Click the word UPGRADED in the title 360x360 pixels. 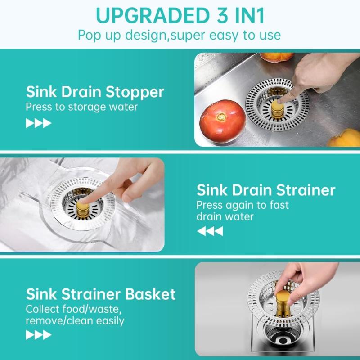point(152,16)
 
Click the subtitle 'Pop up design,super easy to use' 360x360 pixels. point(179,36)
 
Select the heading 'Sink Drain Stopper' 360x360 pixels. point(95,92)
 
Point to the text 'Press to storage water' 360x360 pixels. point(81,107)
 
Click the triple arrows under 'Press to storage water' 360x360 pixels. point(39,123)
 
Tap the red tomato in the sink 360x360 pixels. point(222,121)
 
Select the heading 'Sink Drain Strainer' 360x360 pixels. point(266,190)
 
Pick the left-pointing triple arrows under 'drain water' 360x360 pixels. point(210,231)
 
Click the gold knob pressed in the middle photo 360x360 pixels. point(83,209)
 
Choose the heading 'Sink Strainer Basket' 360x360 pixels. point(101,294)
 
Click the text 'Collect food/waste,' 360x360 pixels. point(73,309)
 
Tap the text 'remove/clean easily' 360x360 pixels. point(75,321)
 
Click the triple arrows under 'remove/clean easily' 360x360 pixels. point(39,335)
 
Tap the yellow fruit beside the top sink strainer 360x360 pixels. point(344,138)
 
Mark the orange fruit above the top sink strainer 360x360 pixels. point(277,57)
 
